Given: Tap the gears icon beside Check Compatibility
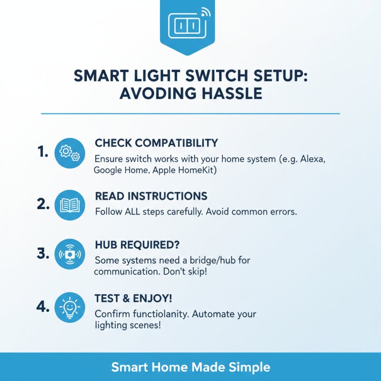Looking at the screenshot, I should click(70, 152).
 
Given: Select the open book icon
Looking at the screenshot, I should click(70, 205).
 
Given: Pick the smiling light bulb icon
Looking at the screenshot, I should click(70, 307).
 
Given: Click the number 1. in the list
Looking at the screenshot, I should click(43, 152).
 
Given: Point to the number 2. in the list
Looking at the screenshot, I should click(43, 205).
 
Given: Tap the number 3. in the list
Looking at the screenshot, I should click(43, 254).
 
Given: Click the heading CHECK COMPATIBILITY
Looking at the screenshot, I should click(156, 143).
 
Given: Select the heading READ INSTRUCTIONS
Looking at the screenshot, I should click(151, 196).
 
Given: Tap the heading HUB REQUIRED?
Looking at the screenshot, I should click(138, 245).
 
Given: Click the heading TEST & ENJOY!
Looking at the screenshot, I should click(133, 299).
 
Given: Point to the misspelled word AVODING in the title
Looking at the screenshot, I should click(155, 92).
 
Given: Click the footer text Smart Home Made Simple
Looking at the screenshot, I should click(190, 368).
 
